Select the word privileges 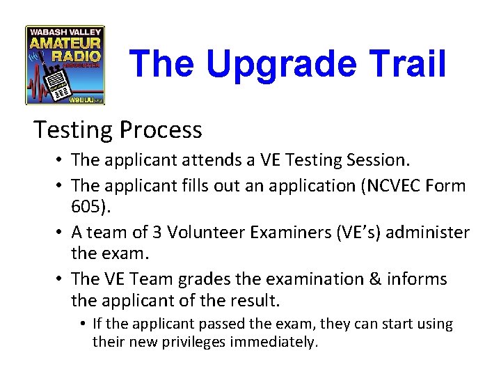(193, 342)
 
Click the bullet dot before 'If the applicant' (82, 324)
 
